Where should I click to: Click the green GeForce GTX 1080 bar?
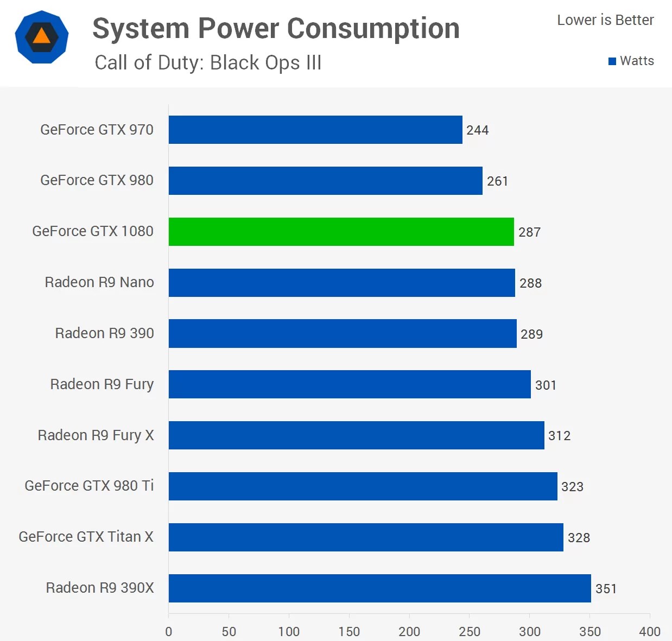[341, 232]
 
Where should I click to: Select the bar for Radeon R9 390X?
[379, 588]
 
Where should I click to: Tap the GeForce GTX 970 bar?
[315, 130]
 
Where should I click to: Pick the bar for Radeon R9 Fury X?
[356, 435]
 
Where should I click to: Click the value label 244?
[477, 130]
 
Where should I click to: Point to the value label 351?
[606, 589]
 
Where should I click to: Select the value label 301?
[546, 385]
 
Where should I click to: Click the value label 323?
[572, 487]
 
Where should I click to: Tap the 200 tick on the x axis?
[409, 631]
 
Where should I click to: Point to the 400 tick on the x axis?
[650, 631]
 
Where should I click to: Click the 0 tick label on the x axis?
[169, 631]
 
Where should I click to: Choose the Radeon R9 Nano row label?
[99, 282]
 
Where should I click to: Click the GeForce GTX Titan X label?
[86, 537]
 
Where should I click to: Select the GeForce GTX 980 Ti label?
[89, 486]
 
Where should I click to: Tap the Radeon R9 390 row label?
[104, 333]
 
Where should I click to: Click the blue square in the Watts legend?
[612, 61]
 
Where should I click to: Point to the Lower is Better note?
[605, 20]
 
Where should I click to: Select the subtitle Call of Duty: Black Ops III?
[208, 63]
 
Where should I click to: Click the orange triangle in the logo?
[41, 36]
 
